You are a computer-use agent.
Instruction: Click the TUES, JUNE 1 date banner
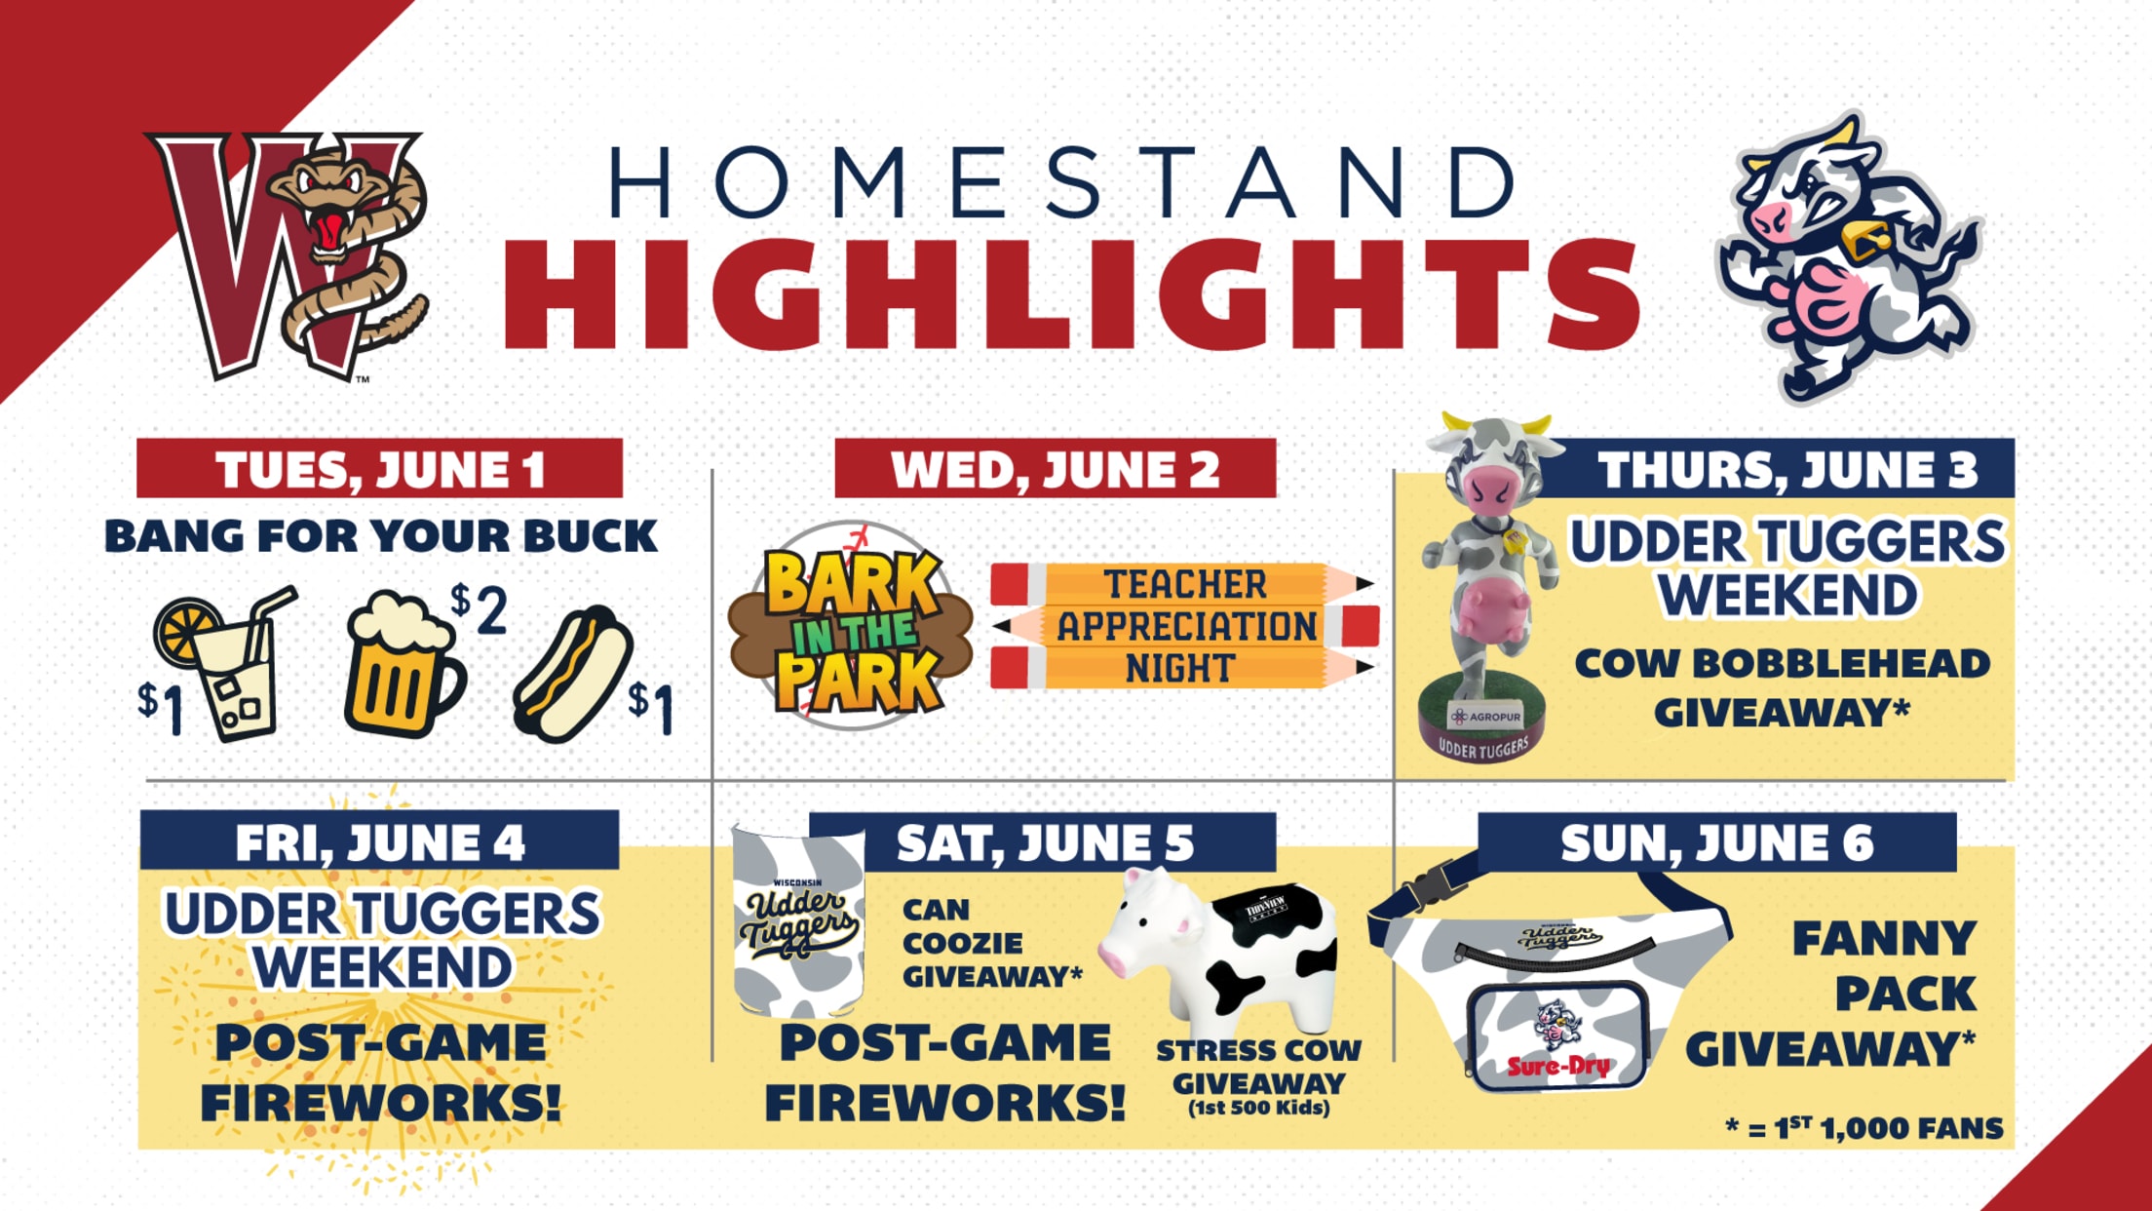tap(379, 469)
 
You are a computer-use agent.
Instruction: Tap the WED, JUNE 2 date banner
tap(1056, 469)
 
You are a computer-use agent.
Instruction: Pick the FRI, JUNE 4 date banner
tap(379, 840)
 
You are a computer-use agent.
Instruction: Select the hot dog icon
tap(573, 673)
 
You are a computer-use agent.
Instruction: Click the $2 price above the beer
tap(479, 610)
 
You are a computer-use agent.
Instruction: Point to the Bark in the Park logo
tap(852, 626)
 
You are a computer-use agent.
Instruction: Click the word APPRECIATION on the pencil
tap(1186, 627)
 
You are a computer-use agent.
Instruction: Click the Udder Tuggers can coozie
tap(798, 921)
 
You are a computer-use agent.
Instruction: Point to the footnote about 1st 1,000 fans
tap(1864, 1128)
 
